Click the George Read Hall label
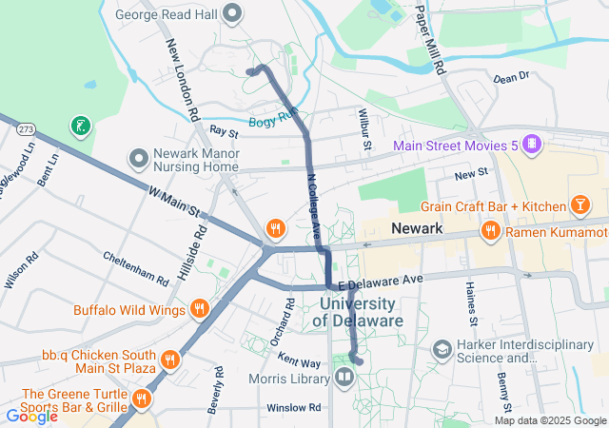coord(167,14)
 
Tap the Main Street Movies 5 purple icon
coord(531,145)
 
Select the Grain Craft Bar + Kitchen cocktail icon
coord(580,205)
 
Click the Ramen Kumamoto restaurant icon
coord(490,231)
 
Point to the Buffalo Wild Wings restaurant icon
coord(199,308)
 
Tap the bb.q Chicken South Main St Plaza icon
coord(169,359)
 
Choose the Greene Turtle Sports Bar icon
coord(142,398)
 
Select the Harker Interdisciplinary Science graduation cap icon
coord(442,350)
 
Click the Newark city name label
coord(416,229)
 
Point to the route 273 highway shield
coord(27,128)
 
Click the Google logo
coord(32,415)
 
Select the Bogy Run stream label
coord(274,121)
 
